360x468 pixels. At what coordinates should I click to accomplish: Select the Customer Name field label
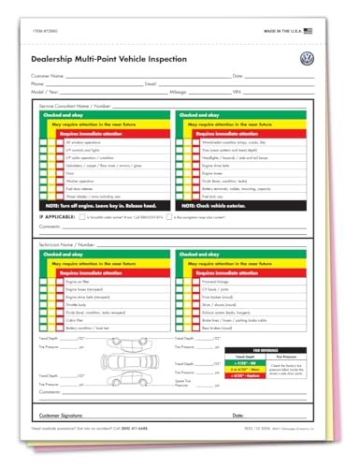[x=50, y=75]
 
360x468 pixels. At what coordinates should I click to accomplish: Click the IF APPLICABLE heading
[x=56, y=216]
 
